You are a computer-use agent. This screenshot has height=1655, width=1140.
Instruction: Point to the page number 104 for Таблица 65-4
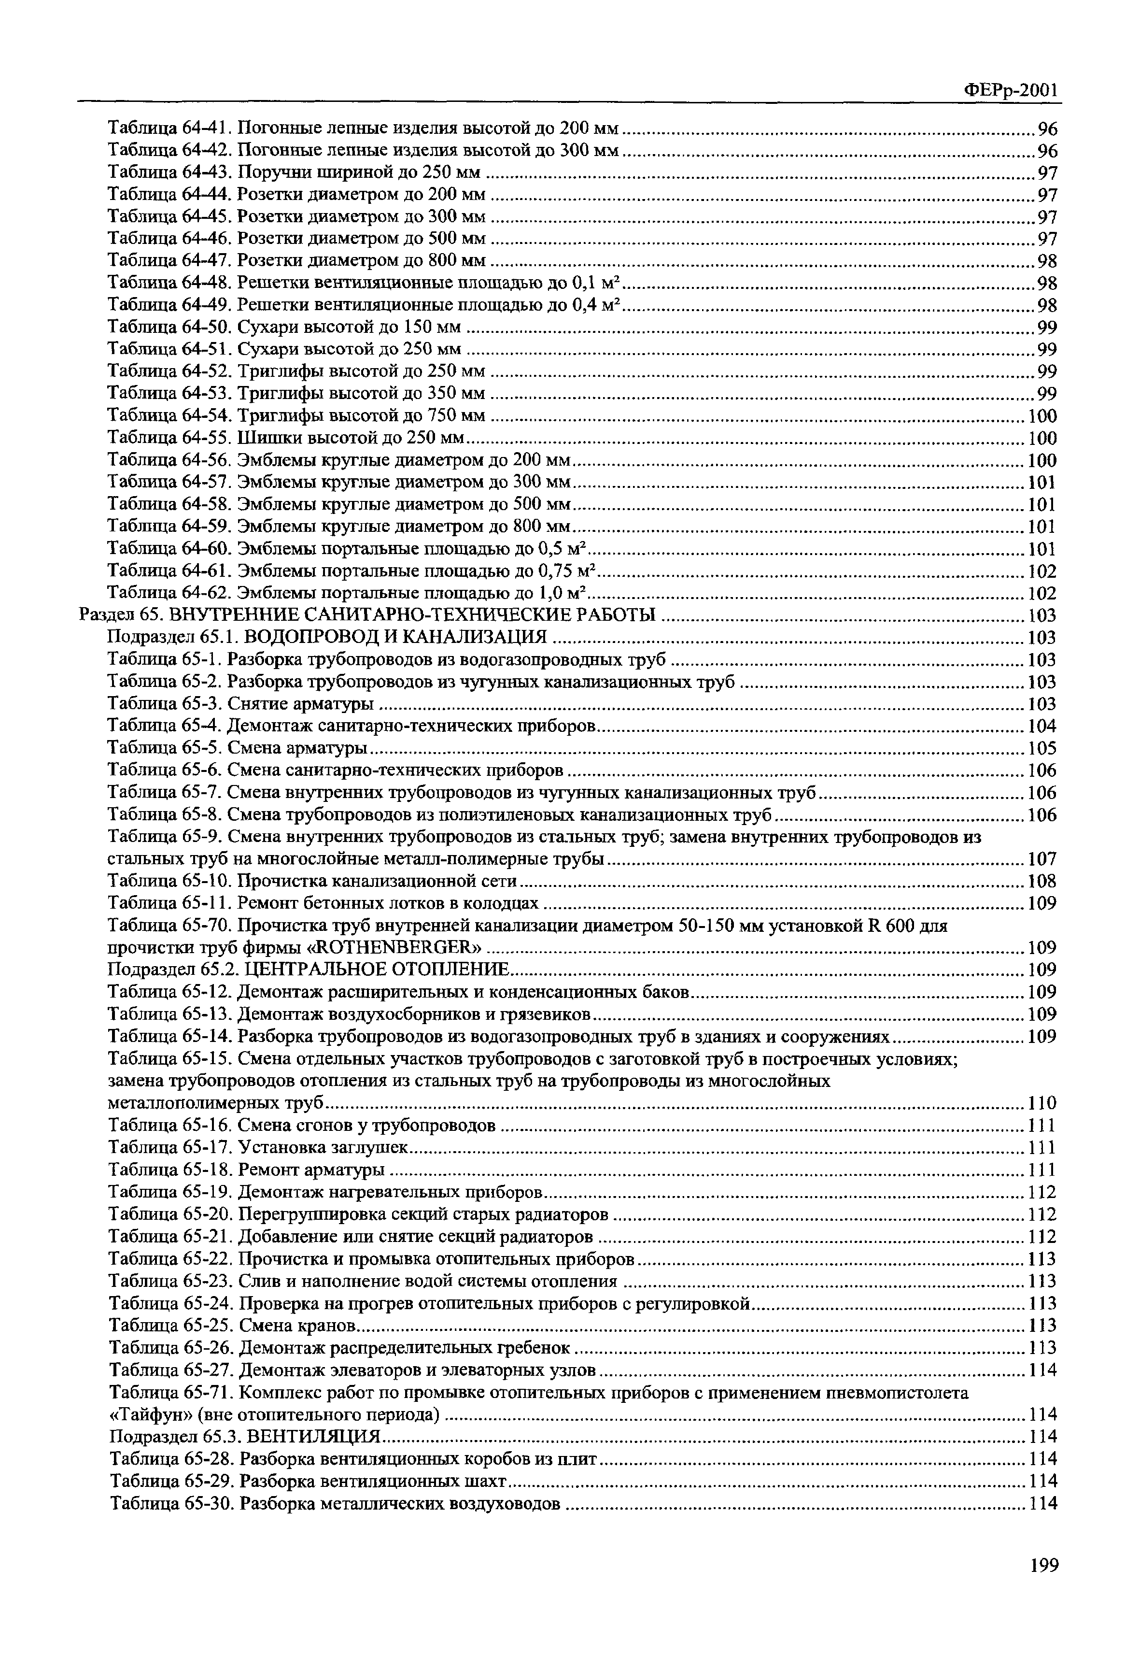pyautogui.click(x=1041, y=727)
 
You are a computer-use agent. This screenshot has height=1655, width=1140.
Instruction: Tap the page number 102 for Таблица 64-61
pyautogui.click(x=1041, y=571)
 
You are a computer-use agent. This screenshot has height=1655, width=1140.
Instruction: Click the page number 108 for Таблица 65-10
pyautogui.click(x=1041, y=881)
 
